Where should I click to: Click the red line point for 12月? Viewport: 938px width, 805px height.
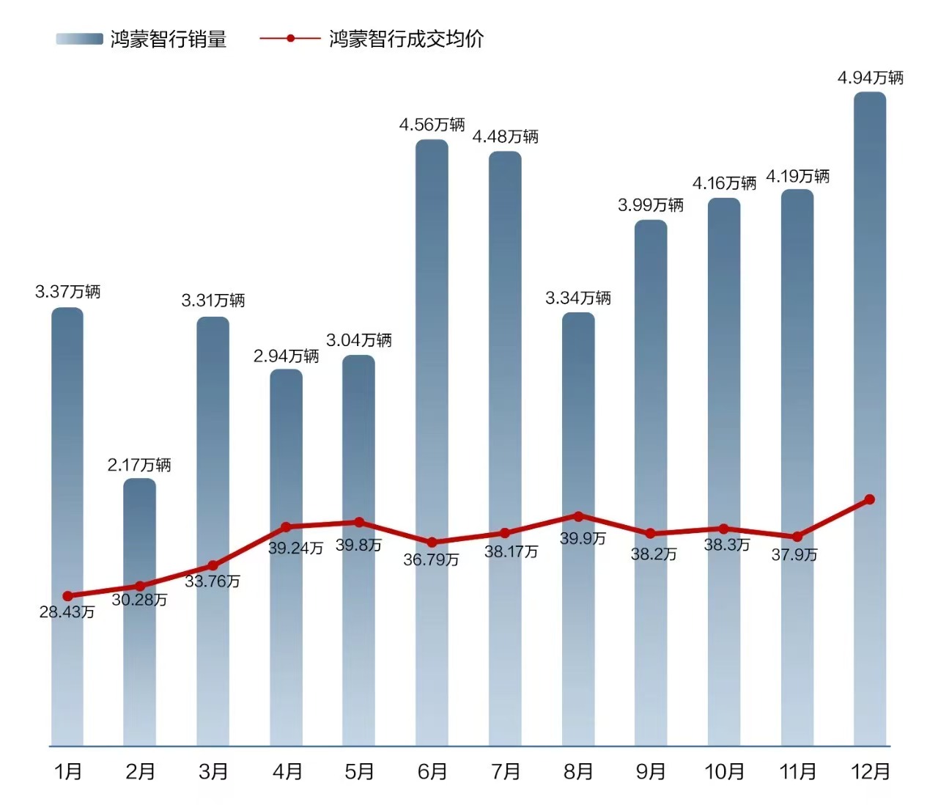pos(870,499)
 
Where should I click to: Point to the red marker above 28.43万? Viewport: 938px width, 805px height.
pos(67,596)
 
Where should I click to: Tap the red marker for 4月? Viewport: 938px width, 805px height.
pos(286,527)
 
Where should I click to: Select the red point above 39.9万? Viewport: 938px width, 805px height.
pos(578,516)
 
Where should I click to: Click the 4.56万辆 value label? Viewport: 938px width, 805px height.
pos(432,125)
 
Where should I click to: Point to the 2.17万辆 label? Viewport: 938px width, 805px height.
pos(139,465)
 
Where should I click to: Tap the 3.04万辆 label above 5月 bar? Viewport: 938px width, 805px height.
pos(359,340)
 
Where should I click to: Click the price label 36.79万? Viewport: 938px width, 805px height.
pos(431,560)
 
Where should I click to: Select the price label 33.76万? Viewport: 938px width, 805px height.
pos(213,581)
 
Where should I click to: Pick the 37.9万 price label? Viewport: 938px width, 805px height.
pos(794,555)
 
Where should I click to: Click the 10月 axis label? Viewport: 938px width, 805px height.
pos(724,771)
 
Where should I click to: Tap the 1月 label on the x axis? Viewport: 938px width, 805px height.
pos(68,771)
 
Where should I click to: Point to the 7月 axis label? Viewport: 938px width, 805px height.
pos(506,771)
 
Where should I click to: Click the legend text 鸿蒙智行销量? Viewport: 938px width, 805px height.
pos(169,39)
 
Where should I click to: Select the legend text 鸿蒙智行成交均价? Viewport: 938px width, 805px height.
pos(407,39)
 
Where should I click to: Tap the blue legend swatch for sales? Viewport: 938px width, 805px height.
pos(79,39)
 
